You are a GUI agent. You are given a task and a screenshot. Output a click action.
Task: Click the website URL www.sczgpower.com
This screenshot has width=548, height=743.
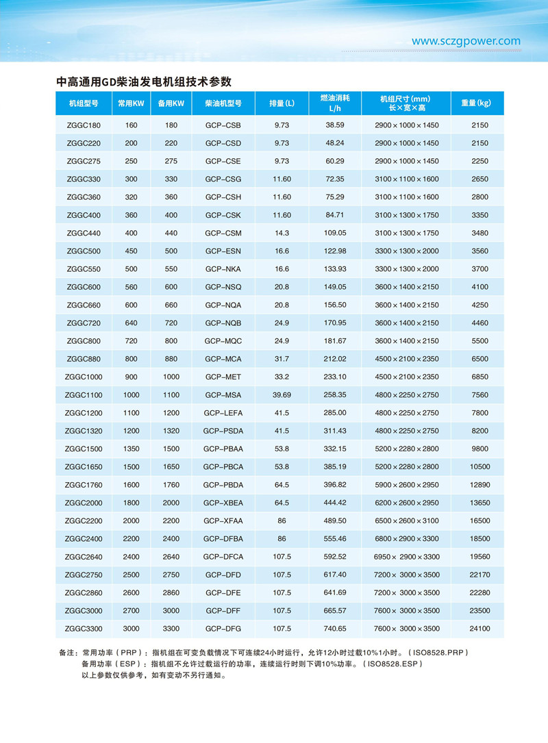coord(466,41)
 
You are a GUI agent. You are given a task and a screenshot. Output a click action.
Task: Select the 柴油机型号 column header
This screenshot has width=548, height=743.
coord(223,103)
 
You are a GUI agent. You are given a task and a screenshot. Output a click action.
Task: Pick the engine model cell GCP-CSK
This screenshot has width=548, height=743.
coord(223,215)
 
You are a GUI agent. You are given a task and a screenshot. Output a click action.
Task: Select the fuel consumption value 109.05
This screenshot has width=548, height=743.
coord(335,233)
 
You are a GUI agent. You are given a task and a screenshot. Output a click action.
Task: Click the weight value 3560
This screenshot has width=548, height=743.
coord(480,251)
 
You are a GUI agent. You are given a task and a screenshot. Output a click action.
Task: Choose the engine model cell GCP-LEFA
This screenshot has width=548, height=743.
coord(223,412)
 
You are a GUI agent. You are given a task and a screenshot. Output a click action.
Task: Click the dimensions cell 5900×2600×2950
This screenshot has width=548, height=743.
coord(407,484)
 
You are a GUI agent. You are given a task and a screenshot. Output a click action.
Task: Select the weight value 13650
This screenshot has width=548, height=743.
coord(480,502)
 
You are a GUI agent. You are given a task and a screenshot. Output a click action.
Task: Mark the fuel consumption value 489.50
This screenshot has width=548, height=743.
coord(335,520)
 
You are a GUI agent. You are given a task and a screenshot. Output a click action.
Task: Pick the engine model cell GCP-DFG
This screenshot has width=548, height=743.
coord(223,628)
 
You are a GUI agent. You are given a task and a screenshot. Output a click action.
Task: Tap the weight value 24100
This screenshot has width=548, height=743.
coord(480,628)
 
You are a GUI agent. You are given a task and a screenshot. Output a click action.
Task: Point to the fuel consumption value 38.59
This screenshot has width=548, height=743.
coord(335,125)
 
